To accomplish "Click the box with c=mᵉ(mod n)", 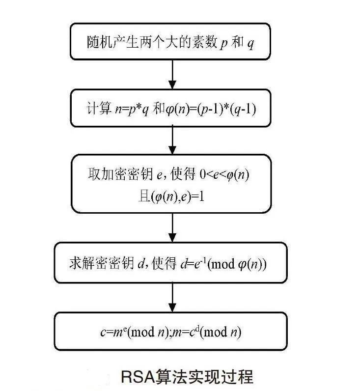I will coord(170,332).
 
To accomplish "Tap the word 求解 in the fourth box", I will coord(82,263).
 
